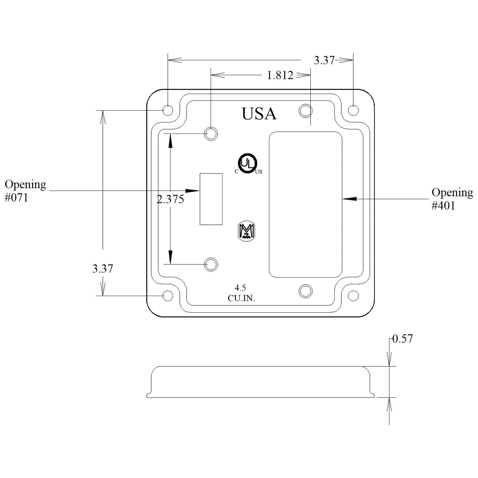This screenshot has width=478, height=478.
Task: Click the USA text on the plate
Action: click(259, 114)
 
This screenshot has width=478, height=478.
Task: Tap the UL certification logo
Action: click(247, 163)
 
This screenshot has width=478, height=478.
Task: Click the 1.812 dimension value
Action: click(280, 75)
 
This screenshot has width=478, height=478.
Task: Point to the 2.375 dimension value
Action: click(170, 200)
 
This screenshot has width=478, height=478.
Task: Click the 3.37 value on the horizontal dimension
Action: click(324, 61)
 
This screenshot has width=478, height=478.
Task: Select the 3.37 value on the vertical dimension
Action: click(102, 269)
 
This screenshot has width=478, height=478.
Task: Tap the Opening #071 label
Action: click(25, 191)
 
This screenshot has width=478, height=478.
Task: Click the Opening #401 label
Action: click(452, 199)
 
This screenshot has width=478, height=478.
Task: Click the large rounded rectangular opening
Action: click(305, 204)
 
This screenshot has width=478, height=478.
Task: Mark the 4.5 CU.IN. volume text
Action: click(241, 293)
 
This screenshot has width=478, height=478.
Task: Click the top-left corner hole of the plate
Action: click(167, 110)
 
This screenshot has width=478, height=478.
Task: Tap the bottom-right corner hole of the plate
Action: click(353, 295)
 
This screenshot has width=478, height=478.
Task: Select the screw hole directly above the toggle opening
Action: click(211, 134)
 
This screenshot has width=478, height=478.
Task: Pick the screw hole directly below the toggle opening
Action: click(211, 264)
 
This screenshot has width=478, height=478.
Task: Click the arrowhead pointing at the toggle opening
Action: click(193, 191)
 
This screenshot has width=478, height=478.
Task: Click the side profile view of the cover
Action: click(261, 382)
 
